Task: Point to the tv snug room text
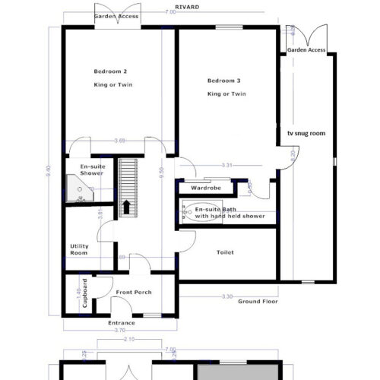(306, 133)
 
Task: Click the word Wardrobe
(205, 187)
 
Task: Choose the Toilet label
(225, 252)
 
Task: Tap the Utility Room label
(79, 249)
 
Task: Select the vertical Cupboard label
(84, 295)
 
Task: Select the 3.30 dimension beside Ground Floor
(226, 296)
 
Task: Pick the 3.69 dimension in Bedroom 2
(119, 141)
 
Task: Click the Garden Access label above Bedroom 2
(116, 15)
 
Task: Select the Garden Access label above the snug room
(306, 49)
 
